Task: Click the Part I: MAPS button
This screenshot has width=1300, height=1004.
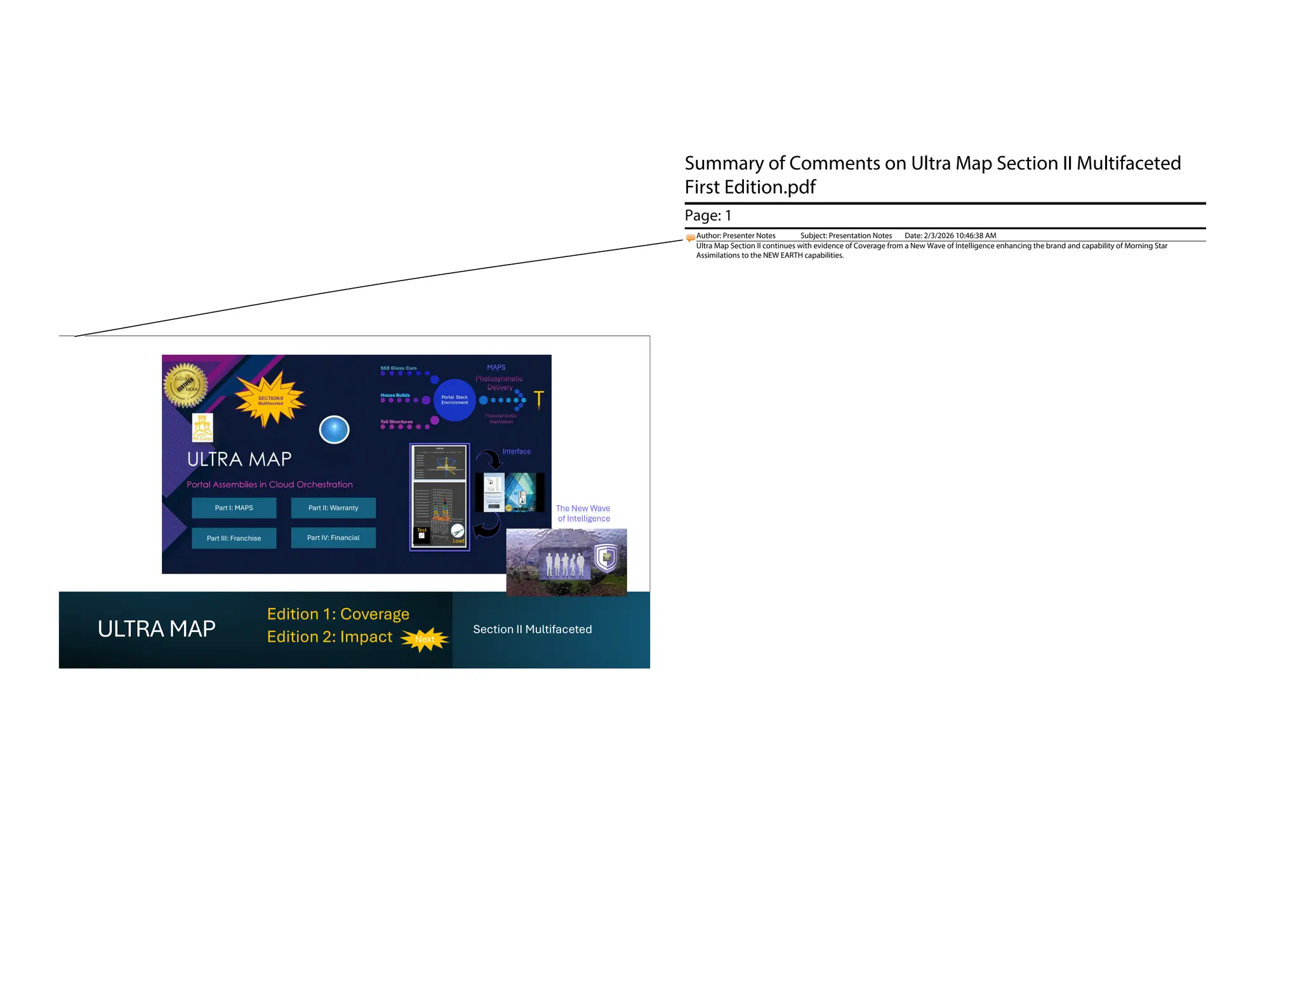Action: click(x=234, y=508)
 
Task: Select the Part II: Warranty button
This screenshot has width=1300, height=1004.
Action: click(x=333, y=508)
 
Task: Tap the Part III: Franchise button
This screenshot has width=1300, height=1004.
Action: click(x=234, y=538)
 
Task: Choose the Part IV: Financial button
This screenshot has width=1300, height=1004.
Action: click(x=333, y=538)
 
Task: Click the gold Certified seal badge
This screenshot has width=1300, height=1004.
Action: click(x=185, y=385)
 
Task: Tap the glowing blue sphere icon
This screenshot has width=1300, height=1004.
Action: click(x=334, y=430)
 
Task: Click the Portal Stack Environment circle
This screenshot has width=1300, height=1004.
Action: click(x=454, y=400)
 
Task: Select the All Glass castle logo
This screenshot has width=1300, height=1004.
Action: click(x=202, y=427)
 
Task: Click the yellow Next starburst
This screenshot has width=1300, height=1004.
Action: click(x=425, y=639)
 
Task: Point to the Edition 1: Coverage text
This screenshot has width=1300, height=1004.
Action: click(x=338, y=614)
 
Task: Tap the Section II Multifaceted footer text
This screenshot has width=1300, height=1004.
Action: click(x=532, y=629)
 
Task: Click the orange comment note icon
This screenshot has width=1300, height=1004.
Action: click(x=690, y=238)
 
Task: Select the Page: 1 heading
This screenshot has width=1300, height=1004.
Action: click(x=708, y=216)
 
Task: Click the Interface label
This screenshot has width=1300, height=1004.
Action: click(x=516, y=451)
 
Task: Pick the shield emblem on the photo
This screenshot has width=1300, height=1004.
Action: click(x=606, y=557)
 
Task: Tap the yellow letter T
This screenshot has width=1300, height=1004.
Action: click(x=539, y=399)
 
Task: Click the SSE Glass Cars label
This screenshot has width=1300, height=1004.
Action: click(x=399, y=368)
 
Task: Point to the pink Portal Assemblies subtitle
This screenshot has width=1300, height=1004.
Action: click(x=269, y=484)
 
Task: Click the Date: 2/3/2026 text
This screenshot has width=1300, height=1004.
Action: click(x=950, y=235)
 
